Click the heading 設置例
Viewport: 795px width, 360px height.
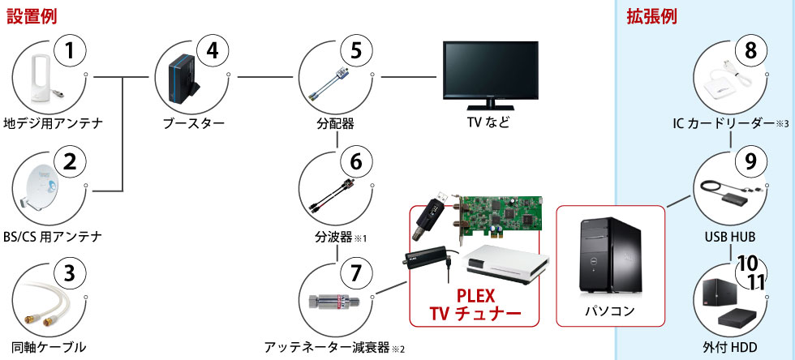coord(32,16)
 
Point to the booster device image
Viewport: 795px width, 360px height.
coord(182,81)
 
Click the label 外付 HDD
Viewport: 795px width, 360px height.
coord(730,348)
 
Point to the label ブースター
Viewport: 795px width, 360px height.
coord(192,123)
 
